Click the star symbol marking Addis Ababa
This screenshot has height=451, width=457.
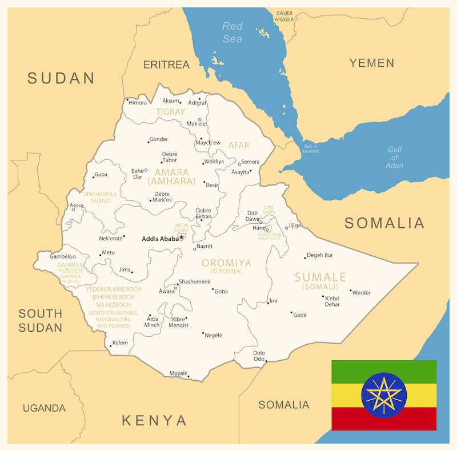click(182, 236)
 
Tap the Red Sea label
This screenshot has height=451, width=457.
click(232, 32)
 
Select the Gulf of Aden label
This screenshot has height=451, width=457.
click(394, 158)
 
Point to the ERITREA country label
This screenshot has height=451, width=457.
click(166, 65)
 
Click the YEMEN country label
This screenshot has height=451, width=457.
click(372, 63)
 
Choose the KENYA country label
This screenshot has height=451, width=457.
click(154, 421)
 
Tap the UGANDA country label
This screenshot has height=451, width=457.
click(44, 408)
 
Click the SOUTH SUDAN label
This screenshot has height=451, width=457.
click(40, 320)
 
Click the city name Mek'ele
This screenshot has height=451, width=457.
click(196, 124)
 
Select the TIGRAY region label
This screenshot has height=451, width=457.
click(170, 112)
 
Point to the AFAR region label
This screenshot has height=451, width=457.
click(239, 146)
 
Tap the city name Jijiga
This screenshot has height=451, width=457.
click(294, 226)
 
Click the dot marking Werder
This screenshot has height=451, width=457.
click(351, 291)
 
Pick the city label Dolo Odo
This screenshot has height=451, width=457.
click(259, 356)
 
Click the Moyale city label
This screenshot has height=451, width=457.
click(178, 373)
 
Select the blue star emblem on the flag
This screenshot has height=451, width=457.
click(384, 395)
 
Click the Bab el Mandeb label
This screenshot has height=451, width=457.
click(311, 148)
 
